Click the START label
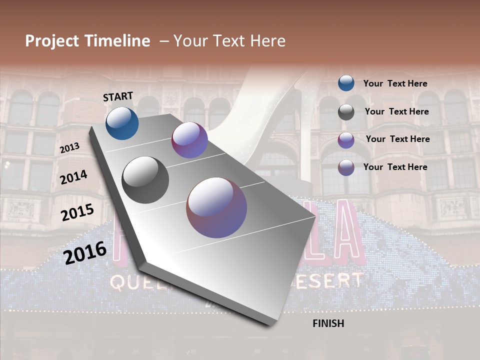(118, 96)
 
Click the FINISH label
(328, 323)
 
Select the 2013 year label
(69, 147)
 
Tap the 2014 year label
(74, 177)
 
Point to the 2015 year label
(77, 212)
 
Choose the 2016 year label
(85, 253)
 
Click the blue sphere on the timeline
(122, 123)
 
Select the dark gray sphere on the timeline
(145, 180)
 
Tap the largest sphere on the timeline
(216, 207)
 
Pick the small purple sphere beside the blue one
(189, 140)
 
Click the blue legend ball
(346, 83)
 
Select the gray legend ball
(346, 112)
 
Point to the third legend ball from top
(346, 140)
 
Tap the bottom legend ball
(346, 167)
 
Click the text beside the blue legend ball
(395, 84)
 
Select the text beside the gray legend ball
(396, 111)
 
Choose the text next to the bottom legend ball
(395, 167)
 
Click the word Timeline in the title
(118, 41)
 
